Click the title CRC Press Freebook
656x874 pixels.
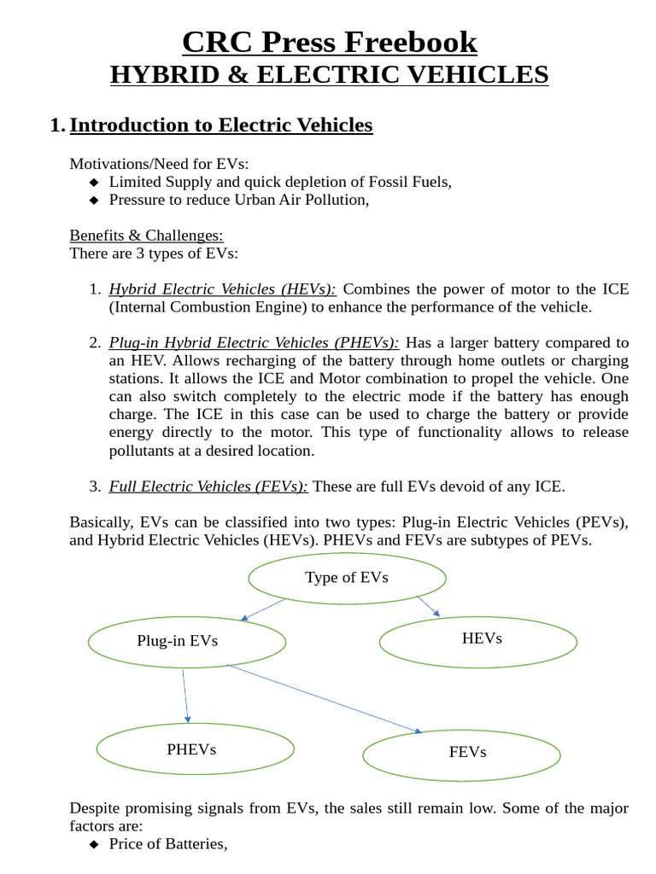[x=329, y=41]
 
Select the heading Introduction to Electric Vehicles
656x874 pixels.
[x=220, y=125]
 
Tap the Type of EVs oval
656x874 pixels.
[x=347, y=578]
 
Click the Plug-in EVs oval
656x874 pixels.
[x=178, y=641]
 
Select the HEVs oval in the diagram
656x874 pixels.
[x=481, y=638]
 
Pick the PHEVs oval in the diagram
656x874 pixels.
[x=191, y=749]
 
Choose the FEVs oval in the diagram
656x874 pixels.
[x=466, y=752]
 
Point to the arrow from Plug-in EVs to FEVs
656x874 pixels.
[x=325, y=698]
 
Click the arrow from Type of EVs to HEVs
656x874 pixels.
[x=428, y=605]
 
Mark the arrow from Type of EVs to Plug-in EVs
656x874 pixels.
[x=262, y=609]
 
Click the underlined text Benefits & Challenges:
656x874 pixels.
[x=146, y=235]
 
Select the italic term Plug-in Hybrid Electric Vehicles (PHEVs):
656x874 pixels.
[x=254, y=343]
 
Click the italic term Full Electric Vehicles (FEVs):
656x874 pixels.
[x=209, y=487]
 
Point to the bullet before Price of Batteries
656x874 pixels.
[x=94, y=844]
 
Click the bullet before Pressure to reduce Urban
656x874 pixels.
[x=94, y=200]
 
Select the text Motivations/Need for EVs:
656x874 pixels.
[x=159, y=164]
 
